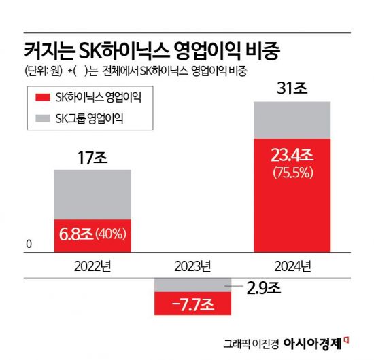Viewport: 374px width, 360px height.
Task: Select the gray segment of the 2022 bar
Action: point(92,194)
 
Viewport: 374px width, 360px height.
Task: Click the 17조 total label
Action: point(92,158)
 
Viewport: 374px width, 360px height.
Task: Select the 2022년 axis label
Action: point(92,265)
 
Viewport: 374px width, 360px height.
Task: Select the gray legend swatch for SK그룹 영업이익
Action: point(41,120)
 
